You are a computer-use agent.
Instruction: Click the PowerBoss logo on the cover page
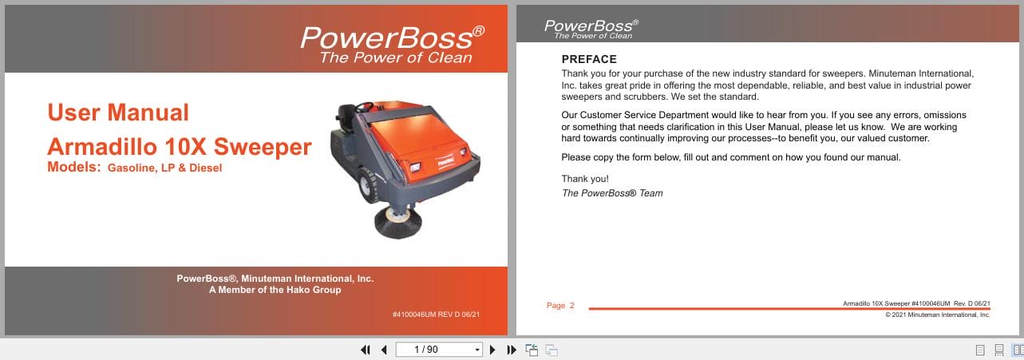tap(391, 38)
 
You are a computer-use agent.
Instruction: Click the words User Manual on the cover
tap(118, 113)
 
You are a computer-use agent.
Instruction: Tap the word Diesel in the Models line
tap(205, 168)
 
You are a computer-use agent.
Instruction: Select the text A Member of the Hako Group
tap(275, 291)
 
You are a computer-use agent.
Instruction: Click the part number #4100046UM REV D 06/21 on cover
tap(436, 315)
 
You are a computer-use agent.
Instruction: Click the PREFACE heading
tap(589, 59)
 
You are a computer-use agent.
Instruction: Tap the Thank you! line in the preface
tap(585, 179)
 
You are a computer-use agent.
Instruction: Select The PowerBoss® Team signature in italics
tap(612, 193)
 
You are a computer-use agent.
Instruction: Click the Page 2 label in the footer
tap(560, 306)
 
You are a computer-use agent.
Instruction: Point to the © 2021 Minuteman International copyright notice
tap(938, 315)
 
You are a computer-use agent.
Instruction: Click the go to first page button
tap(366, 350)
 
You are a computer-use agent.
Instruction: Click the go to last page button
tap(512, 350)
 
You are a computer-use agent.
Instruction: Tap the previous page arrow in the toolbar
tap(384, 350)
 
